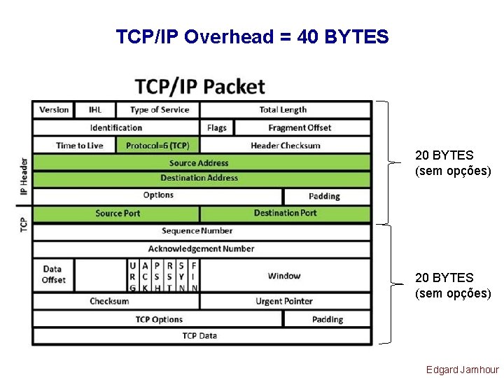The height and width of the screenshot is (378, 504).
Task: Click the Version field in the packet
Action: coord(54,110)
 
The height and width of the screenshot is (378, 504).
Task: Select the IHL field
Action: coord(95,110)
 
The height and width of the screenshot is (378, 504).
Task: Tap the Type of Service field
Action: coord(160,110)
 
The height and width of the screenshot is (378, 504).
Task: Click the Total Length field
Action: coord(283,110)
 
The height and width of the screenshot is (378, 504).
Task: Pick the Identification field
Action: coord(116,127)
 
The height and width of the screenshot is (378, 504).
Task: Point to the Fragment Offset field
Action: coord(300,127)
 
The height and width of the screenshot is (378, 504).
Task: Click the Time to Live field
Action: coord(79,146)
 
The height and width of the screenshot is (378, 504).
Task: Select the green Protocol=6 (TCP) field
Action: coord(158,146)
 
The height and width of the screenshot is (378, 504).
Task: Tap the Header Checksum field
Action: coord(285,146)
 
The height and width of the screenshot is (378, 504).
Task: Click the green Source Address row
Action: coord(199,163)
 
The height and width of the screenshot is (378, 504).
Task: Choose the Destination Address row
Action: coord(199,178)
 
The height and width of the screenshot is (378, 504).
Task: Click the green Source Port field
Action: coord(118,213)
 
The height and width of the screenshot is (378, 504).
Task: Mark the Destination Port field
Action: coord(285,213)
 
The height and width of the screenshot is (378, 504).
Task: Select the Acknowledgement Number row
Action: coord(201,248)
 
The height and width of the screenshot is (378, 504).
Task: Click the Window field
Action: coord(284,276)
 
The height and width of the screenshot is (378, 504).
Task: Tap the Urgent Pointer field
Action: coord(284,301)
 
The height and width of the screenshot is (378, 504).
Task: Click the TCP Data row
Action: coord(199,336)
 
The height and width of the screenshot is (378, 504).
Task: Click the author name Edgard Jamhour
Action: coord(463,370)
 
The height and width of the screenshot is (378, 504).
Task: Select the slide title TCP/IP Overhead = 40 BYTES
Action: coord(252,36)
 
